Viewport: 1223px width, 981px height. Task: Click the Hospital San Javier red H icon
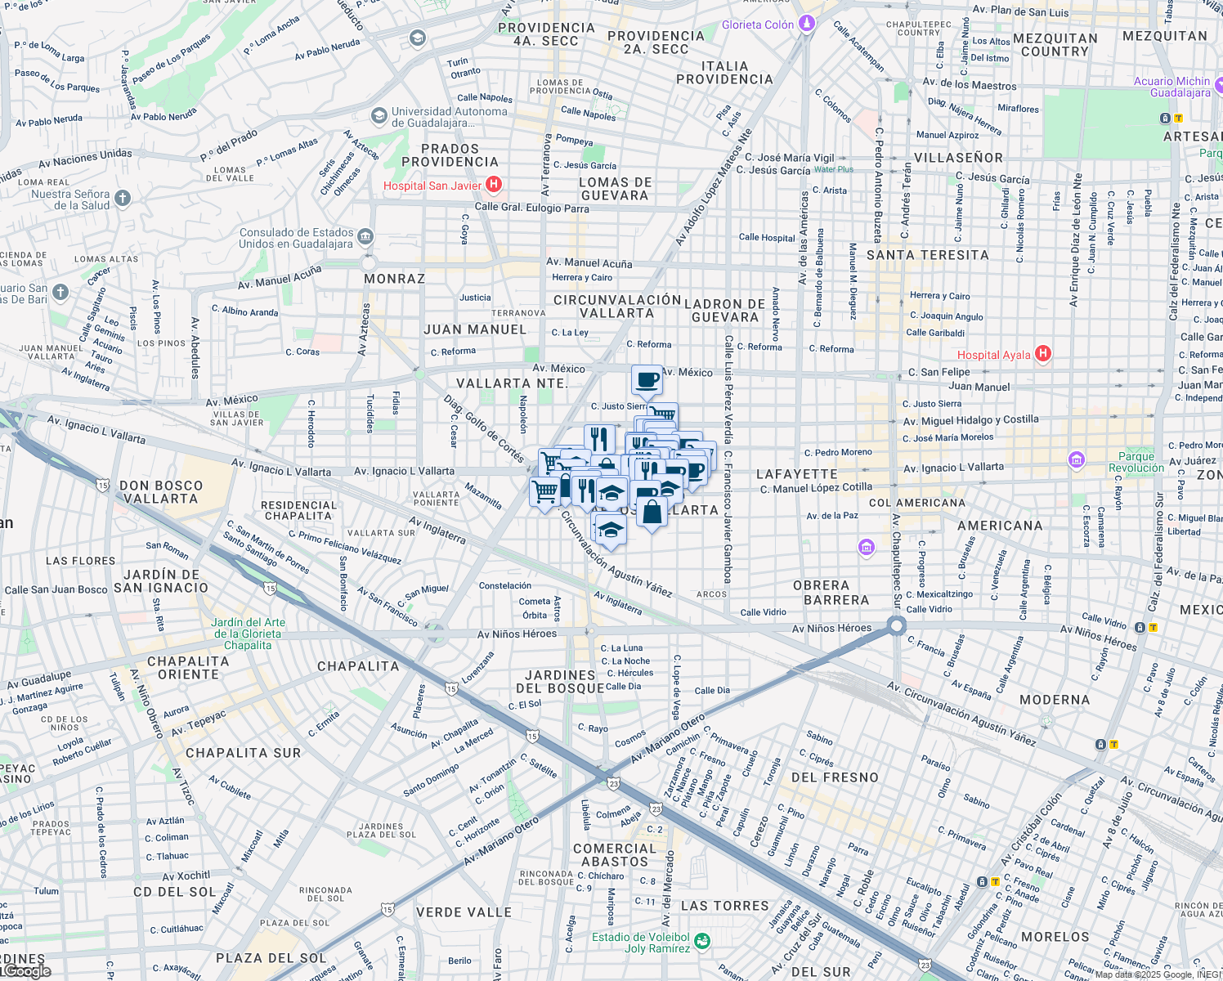pos(494,185)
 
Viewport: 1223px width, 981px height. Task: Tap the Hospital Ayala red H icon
pos(1042,354)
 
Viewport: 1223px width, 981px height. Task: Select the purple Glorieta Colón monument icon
pos(807,24)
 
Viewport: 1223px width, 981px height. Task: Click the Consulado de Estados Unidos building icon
pos(365,237)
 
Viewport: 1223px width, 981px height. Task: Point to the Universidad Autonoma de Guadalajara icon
pos(379,116)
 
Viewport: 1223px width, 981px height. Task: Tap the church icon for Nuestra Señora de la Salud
pos(123,198)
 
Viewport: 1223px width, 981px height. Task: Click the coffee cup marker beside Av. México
pos(647,380)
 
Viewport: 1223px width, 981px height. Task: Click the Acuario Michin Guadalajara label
pos(1171,87)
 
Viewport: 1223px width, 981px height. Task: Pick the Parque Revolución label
pos(1136,462)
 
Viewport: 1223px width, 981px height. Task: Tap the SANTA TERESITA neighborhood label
pos(927,255)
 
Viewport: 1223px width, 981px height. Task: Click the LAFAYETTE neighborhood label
pos(796,474)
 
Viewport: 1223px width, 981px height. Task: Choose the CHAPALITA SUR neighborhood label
pos(243,753)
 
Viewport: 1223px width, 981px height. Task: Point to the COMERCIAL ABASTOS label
pos(614,855)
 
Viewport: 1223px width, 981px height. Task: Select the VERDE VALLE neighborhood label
pos(464,912)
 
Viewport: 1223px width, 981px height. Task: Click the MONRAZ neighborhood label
pos(394,279)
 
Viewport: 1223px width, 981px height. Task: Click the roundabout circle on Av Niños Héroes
pos(897,626)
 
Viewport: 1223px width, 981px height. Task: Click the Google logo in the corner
pos(27,971)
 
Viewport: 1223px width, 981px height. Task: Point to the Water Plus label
pos(833,169)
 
